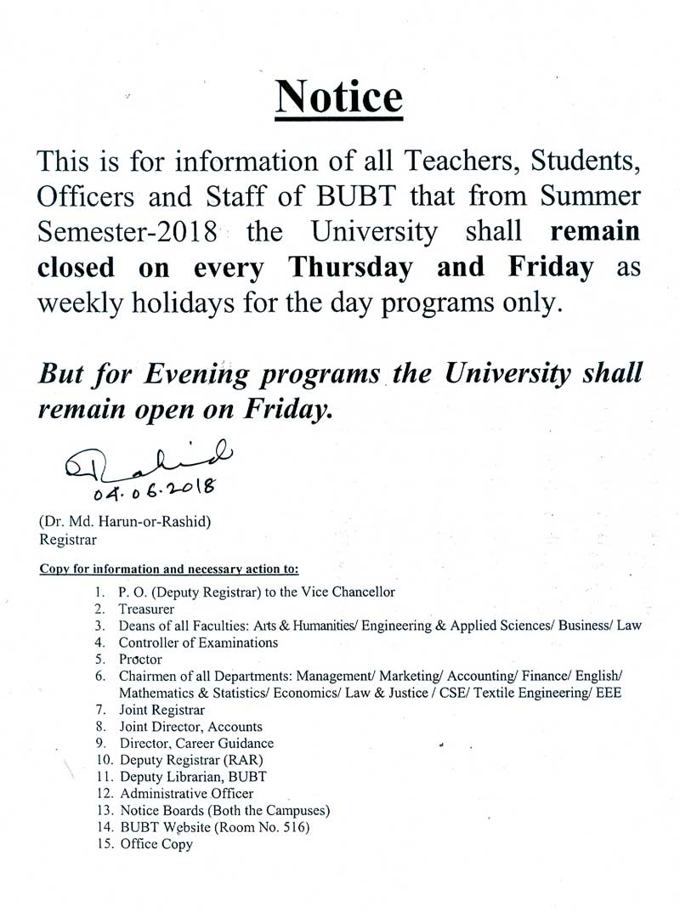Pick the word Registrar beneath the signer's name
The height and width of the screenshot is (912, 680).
(68, 538)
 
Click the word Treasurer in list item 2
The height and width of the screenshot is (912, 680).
(146, 609)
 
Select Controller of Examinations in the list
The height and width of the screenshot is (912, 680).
(198, 643)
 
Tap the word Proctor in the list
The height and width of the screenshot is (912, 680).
(140, 659)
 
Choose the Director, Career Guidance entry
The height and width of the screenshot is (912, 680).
(196, 743)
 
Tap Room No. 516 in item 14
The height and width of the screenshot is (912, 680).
(265, 827)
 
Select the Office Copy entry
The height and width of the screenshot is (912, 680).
(156, 844)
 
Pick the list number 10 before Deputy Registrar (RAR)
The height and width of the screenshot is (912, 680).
(105, 760)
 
